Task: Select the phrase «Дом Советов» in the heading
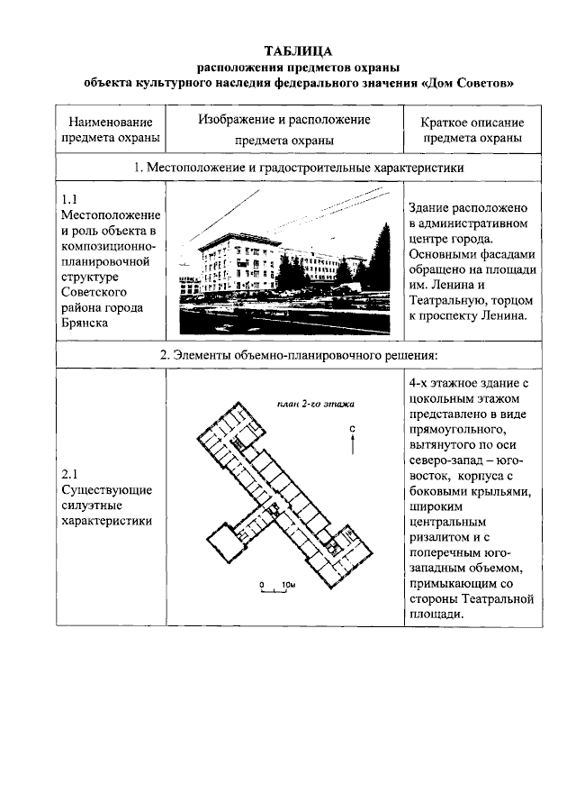[x=467, y=84]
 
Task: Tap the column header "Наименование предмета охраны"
[x=111, y=130]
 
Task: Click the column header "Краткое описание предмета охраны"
[x=472, y=130]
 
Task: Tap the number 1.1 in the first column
[x=71, y=198]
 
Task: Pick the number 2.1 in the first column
[x=71, y=473]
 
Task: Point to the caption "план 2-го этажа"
[x=317, y=403]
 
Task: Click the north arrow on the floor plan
[x=354, y=444]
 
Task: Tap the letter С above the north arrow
[x=354, y=427]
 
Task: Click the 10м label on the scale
[x=289, y=584]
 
